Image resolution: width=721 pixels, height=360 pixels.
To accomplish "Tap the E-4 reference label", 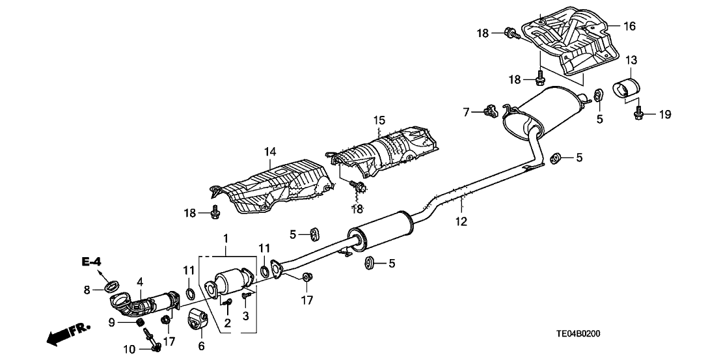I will pos(92,262).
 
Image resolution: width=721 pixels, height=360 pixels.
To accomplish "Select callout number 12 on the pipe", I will pos(461,221).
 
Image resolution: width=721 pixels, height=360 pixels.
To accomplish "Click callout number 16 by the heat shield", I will pos(629,27).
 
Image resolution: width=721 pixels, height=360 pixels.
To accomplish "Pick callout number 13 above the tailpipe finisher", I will pos(631,61).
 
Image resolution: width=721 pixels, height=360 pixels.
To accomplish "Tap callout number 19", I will pos(664,115).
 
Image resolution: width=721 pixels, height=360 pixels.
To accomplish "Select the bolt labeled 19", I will pos(638,115).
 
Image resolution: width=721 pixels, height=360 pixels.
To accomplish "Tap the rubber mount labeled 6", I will pos(197,320).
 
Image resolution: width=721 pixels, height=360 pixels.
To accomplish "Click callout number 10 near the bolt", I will pos(129,350).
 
